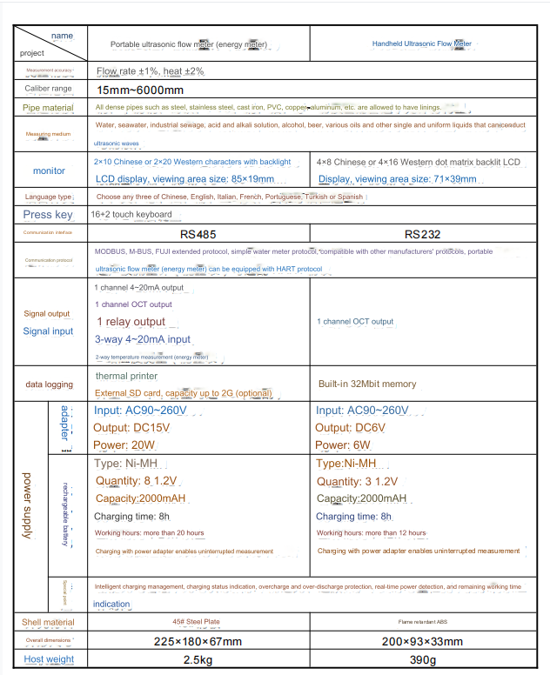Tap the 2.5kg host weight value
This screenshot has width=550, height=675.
(198, 659)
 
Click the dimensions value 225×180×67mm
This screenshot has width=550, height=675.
(198, 642)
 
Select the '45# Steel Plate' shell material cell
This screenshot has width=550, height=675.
(198, 623)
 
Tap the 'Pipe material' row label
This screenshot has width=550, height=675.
(48, 108)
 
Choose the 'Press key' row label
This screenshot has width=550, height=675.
(48, 215)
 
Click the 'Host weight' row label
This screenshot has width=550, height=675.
(49, 659)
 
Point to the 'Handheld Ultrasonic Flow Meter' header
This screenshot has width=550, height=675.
(422, 43)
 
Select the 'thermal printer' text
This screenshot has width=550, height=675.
(126, 377)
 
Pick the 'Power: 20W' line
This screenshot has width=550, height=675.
(124, 445)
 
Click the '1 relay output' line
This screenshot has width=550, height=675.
(131, 322)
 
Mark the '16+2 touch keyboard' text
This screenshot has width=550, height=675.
(131, 215)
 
